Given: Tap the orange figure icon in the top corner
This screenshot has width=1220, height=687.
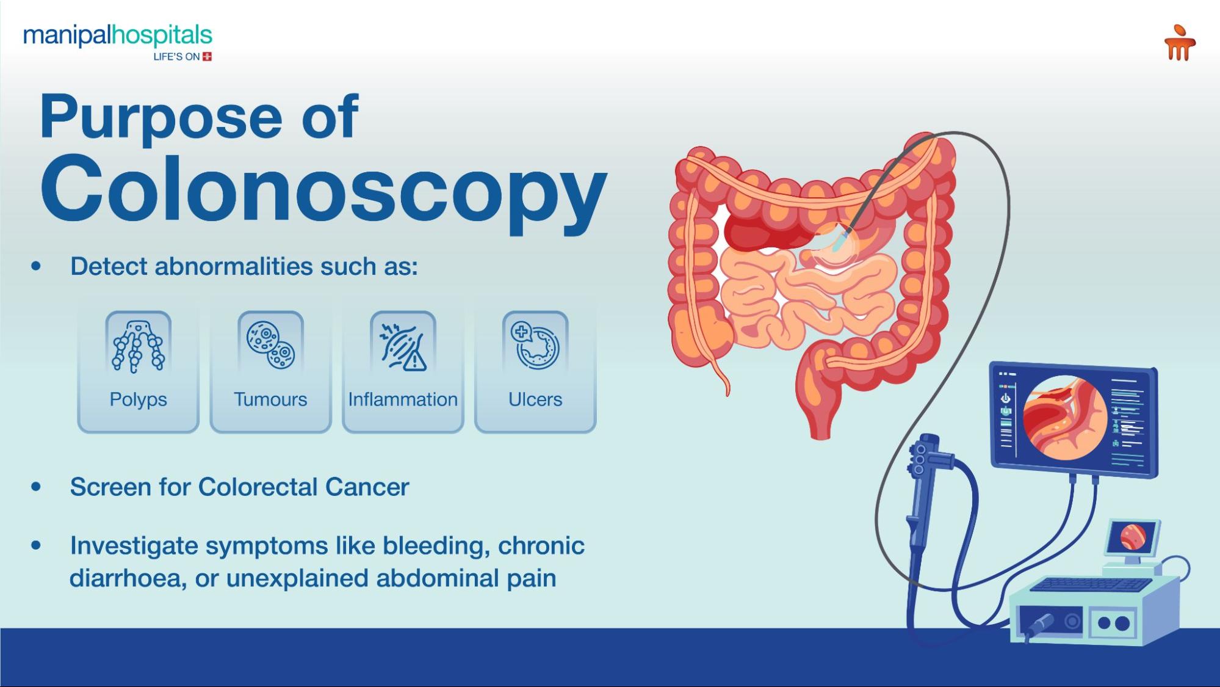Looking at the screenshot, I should (1179, 43).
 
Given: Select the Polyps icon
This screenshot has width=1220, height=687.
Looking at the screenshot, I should (138, 346).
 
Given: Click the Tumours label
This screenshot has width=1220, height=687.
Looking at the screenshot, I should (270, 399).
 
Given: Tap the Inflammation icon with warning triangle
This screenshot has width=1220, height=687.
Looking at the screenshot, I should (403, 346).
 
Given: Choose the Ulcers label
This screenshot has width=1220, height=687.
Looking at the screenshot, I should (535, 399).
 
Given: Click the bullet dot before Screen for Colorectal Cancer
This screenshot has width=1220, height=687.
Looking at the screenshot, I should (37, 487).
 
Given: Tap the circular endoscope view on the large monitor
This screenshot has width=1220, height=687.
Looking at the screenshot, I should (1065, 418).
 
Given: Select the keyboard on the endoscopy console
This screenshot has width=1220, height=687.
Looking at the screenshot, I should (1089, 584).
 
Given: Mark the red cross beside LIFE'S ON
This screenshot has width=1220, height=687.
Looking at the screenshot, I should (208, 57).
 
